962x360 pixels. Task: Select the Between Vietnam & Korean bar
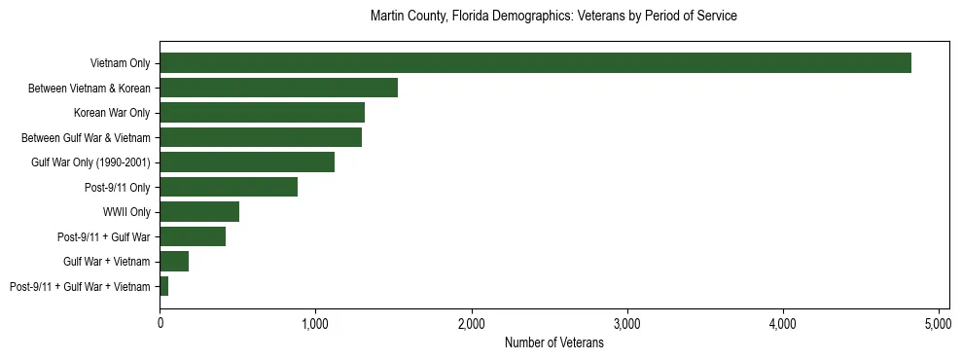278,88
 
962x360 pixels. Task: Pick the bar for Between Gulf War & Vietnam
261,137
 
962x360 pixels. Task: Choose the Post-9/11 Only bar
229,187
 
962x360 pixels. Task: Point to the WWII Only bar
199,212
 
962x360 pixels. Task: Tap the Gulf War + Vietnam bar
174,262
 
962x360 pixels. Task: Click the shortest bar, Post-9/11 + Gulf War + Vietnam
164,286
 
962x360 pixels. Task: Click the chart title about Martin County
553,17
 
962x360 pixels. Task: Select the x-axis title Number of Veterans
553,343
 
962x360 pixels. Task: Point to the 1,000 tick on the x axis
315,323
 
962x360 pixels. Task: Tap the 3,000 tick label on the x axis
627,323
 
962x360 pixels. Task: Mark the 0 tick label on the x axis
160,323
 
